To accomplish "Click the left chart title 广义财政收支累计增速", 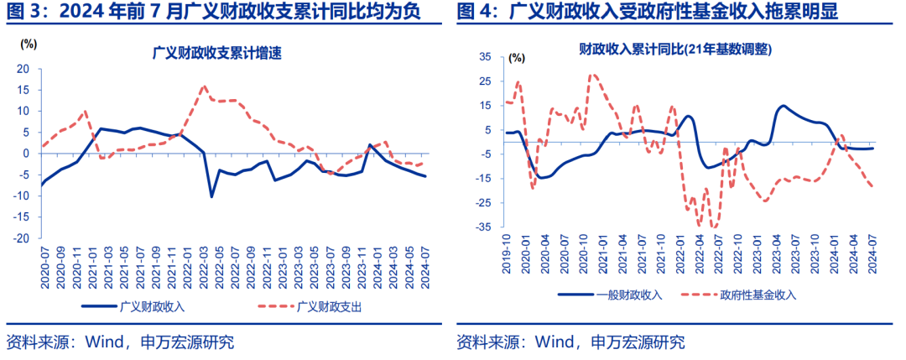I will (x=216, y=53).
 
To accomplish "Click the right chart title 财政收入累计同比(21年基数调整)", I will (x=675, y=50).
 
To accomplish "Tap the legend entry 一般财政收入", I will (x=626, y=295).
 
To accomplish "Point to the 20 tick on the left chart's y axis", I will (x=23, y=69).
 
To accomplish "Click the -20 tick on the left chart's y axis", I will (x=22, y=237).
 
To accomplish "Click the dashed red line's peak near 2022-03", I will (x=204, y=86).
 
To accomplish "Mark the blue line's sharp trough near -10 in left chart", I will (x=212, y=196).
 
